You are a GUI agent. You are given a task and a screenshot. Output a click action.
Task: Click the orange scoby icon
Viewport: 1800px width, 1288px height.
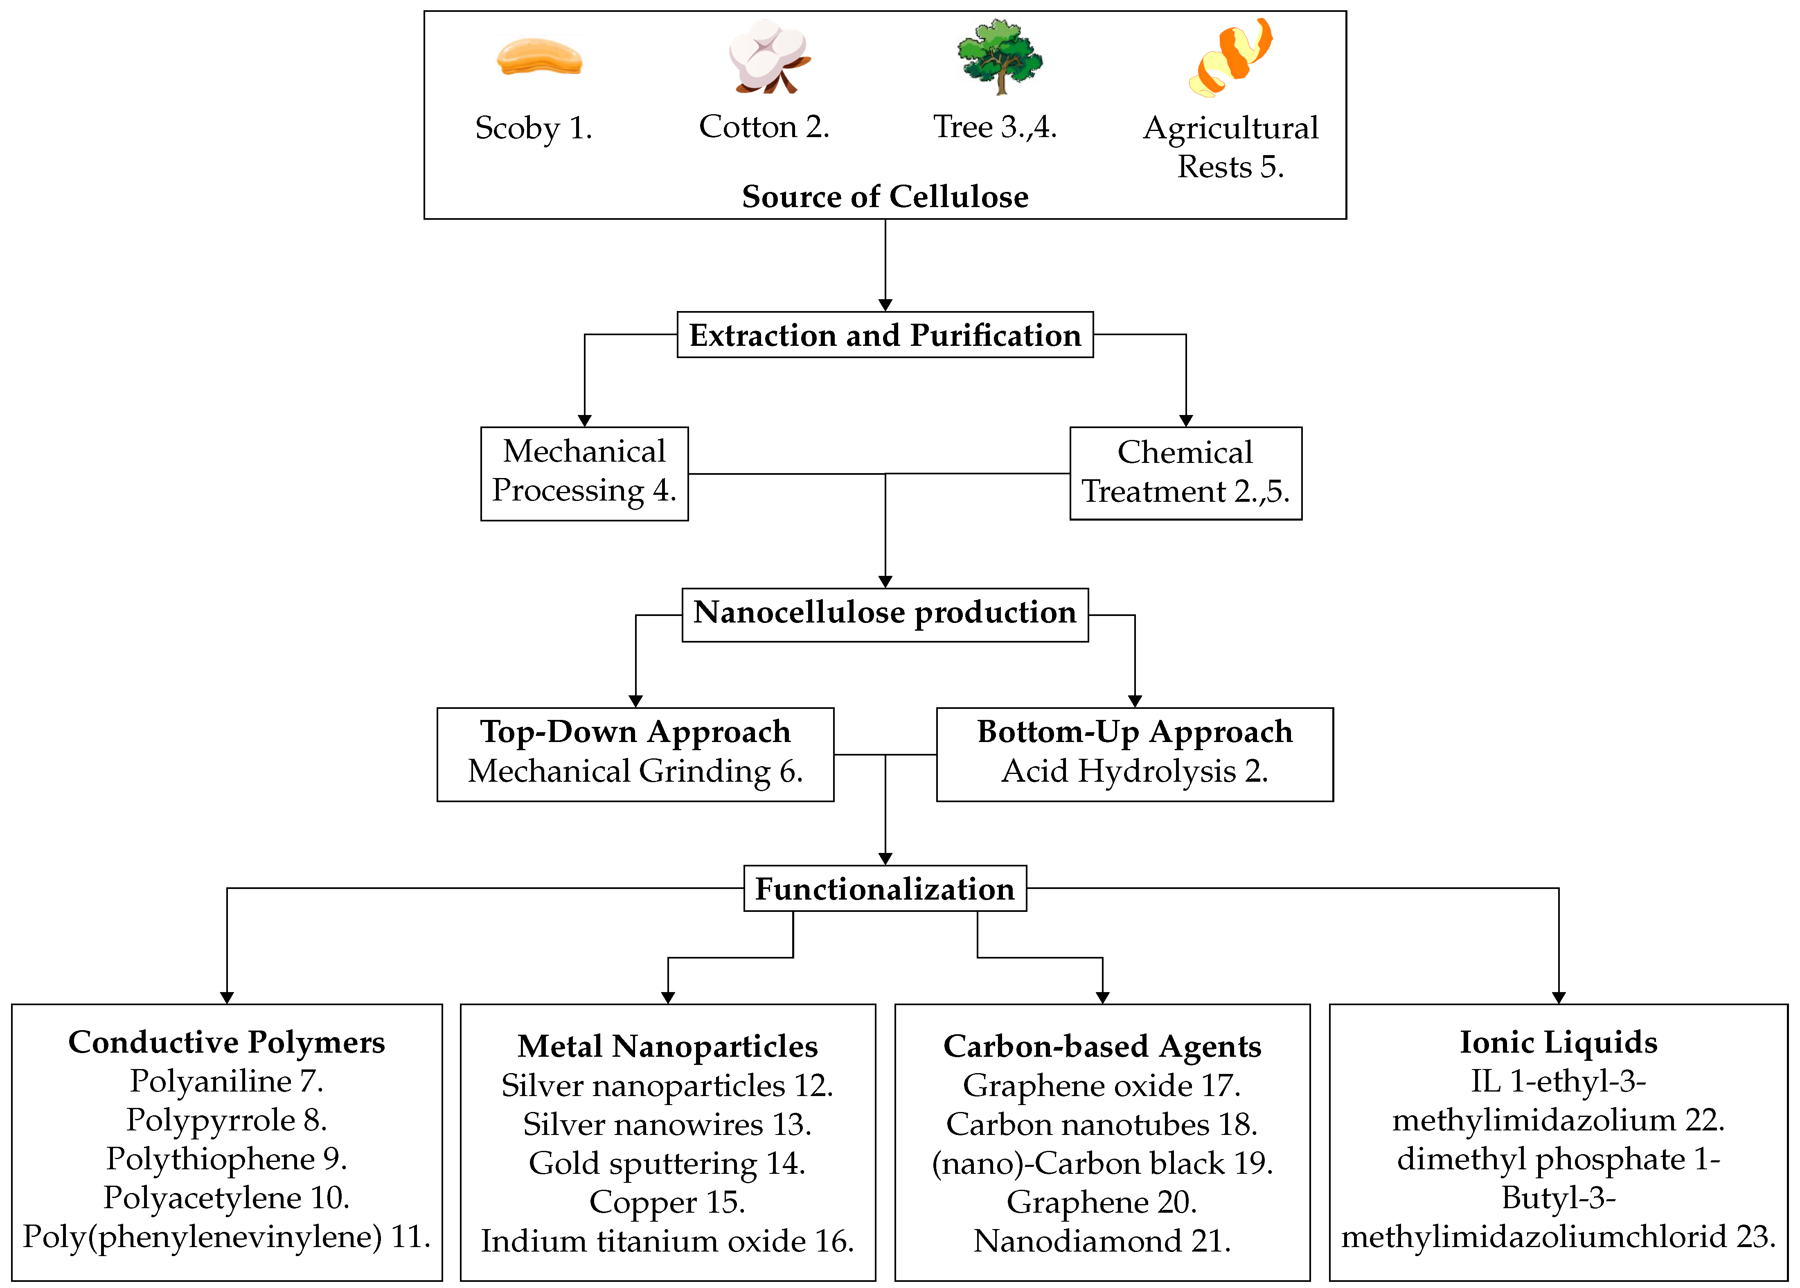539,58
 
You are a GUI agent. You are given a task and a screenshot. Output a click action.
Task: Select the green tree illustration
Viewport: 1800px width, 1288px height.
999,56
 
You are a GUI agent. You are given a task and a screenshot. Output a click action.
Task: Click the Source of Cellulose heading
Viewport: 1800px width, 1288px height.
885,197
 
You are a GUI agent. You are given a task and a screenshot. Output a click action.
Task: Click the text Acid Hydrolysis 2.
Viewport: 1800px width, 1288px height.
1135,771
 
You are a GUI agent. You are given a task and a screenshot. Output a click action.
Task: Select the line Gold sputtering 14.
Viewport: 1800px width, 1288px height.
668,1164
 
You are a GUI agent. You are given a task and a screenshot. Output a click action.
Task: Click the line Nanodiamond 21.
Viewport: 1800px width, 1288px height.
1102,1241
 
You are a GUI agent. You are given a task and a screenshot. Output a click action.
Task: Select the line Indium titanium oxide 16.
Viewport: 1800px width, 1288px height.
668,1241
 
